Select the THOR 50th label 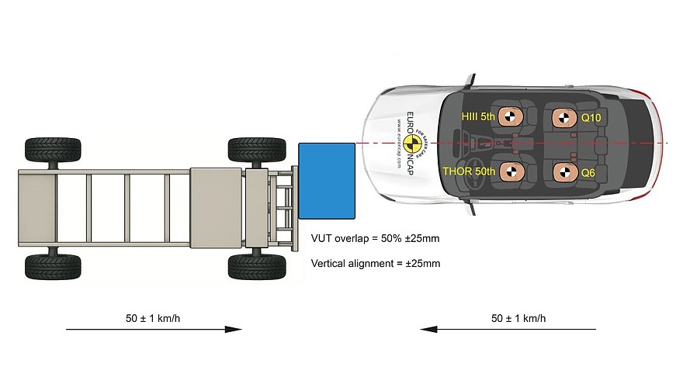coord(469,171)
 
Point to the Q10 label coord(591,119)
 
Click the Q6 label coord(588,173)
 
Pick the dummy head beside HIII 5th coord(509,117)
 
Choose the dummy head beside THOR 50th coord(510,171)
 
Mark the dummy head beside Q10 coord(562,117)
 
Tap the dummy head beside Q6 coord(562,171)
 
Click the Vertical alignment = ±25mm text coord(376,264)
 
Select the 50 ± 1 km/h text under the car coord(518,318)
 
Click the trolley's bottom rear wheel coord(52,266)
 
